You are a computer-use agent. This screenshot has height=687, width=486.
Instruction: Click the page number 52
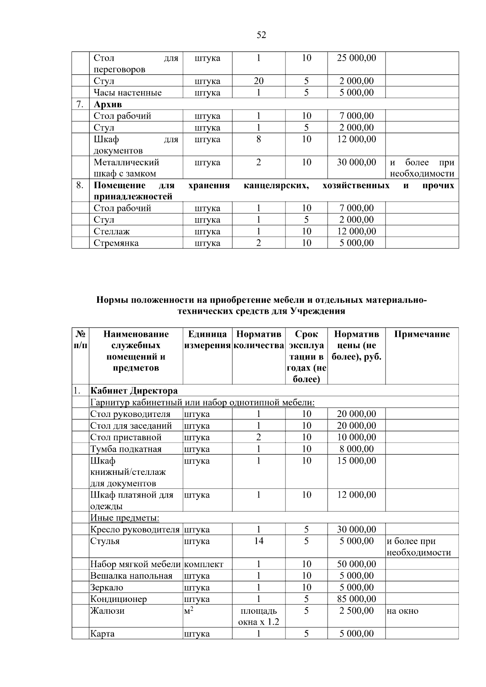click(x=261, y=35)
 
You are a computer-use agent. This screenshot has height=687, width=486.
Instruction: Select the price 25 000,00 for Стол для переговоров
click(x=356, y=58)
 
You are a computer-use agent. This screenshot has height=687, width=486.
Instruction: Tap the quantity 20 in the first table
click(x=258, y=81)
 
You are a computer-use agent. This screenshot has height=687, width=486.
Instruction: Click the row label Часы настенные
click(x=128, y=93)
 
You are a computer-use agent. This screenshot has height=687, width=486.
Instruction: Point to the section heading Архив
click(x=108, y=104)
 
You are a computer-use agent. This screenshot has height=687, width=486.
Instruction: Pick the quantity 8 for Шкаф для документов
click(x=258, y=139)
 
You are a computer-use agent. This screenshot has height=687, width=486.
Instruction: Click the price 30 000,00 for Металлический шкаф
click(x=356, y=162)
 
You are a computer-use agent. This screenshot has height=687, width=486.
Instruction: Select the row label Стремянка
click(x=116, y=243)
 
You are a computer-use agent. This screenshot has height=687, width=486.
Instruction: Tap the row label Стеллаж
click(x=112, y=232)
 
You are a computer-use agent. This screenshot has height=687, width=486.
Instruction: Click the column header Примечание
click(x=422, y=334)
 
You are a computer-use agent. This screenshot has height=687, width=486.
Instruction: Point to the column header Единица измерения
click(x=207, y=340)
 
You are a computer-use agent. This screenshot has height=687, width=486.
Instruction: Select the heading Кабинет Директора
click(x=134, y=391)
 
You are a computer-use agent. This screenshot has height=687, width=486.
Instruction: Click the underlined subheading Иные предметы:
click(x=125, y=518)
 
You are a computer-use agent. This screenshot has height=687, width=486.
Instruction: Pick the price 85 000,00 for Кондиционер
click(x=356, y=599)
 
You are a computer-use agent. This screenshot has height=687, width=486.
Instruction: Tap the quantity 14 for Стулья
click(x=258, y=541)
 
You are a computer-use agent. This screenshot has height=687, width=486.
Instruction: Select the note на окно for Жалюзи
click(x=403, y=611)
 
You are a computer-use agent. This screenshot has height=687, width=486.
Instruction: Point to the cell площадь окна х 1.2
click(x=258, y=616)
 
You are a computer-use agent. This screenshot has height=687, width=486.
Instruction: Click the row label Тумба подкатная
click(x=126, y=449)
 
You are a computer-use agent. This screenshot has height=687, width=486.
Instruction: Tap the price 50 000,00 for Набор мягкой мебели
click(x=356, y=564)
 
